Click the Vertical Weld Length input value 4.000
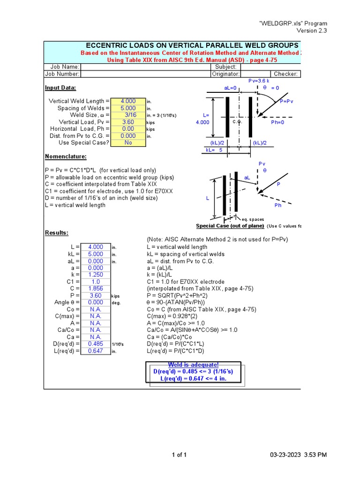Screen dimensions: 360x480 (x=128, y=101)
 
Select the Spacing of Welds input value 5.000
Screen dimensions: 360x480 (x=128, y=108)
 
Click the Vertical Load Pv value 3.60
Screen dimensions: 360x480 (x=128, y=122)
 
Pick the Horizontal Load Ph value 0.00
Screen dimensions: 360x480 (x=128, y=129)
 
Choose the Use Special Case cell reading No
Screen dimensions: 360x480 (x=128, y=142)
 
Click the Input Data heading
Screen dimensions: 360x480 (x=60, y=88)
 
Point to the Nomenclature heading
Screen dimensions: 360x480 (x=66, y=157)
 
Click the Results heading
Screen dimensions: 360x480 (x=56, y=233)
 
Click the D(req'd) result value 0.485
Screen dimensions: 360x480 (x=95, y=344)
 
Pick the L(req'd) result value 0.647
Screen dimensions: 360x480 (x=95, y=351)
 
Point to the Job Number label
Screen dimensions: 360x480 (x=62, y=74)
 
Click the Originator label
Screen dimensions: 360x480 (x=226, y=74)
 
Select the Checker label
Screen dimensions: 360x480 (x=286, y=74)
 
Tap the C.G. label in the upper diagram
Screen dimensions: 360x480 (x=237, y=121)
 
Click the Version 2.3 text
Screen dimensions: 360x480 (x=312, y=30)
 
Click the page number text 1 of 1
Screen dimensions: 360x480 (x=180, y=455)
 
